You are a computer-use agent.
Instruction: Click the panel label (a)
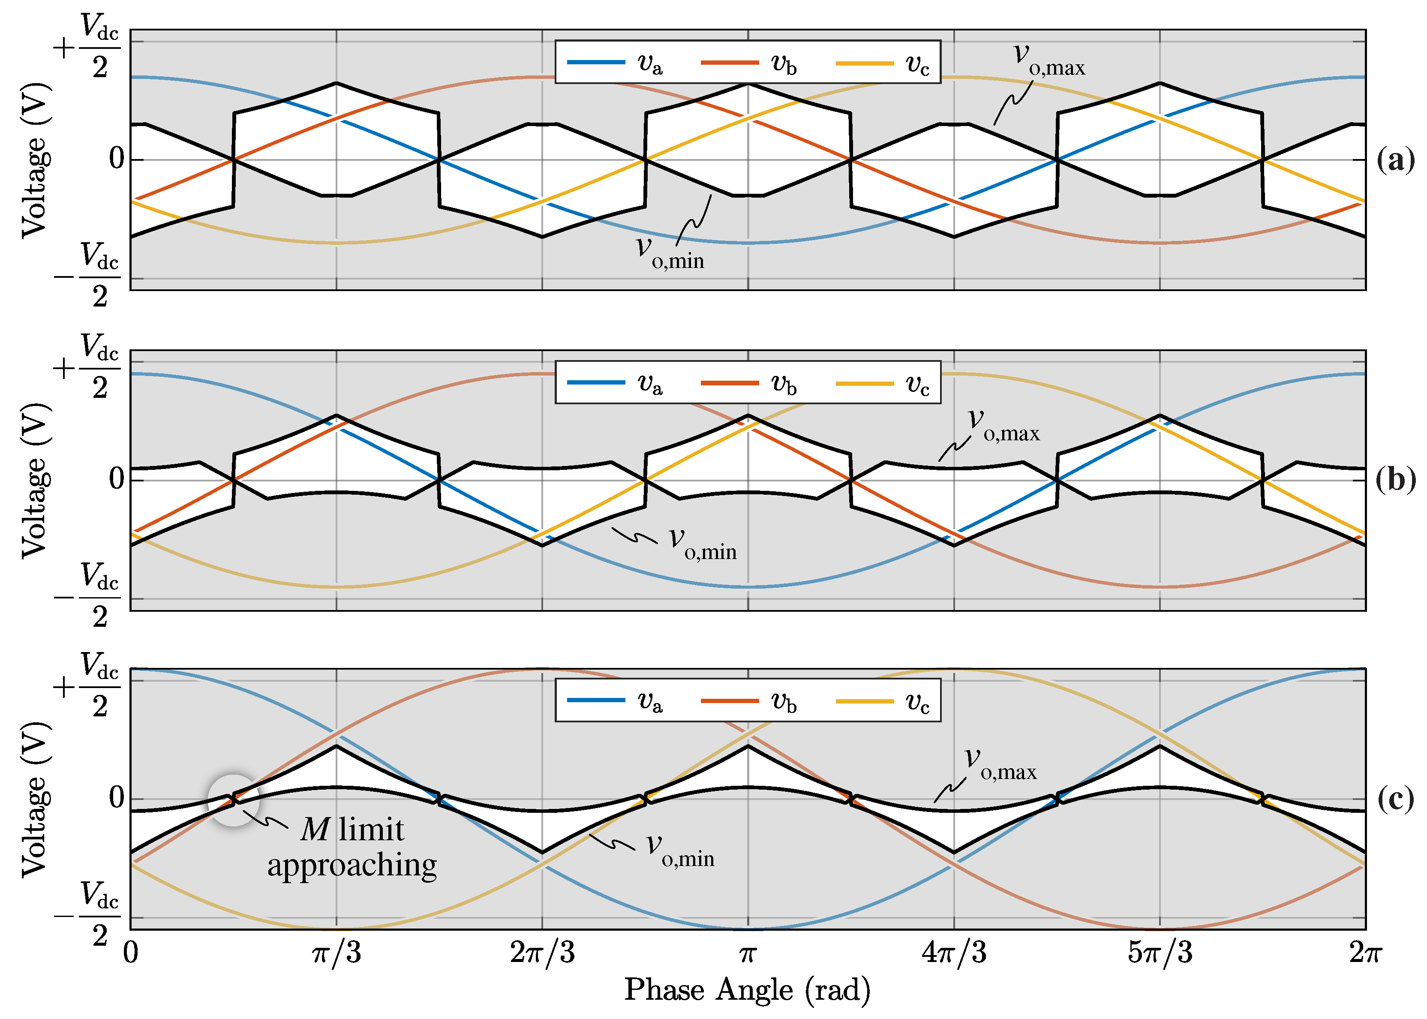click(x=1396, y=160)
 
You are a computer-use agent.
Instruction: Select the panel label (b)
click(x=1396, y=480)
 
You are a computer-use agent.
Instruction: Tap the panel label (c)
click(x=1396, y=800)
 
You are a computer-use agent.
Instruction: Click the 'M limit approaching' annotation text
click(x=352, y=847)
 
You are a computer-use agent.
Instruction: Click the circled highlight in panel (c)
click(x=233, y=800)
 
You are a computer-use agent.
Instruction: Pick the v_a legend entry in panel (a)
click(x=615, y=63)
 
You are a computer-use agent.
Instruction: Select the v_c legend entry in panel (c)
click(x=883, y=701)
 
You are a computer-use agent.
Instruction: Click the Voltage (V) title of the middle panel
click(x=34, y=480)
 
